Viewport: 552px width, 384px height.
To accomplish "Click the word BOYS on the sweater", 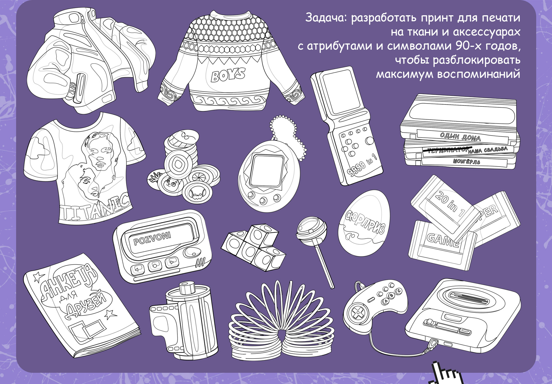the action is coord(228,74).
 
